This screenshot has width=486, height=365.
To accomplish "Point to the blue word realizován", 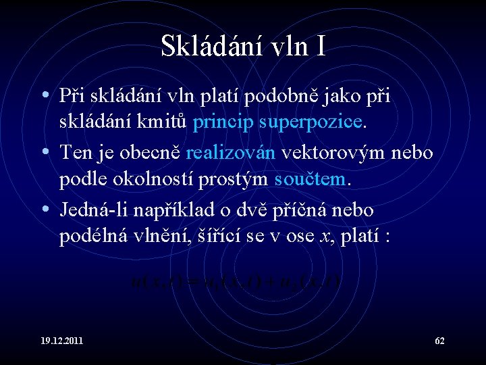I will (x=230, y=152).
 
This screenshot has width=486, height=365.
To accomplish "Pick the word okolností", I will (x=146, y=180).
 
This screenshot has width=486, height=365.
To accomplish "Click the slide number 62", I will (x=439, y=340).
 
